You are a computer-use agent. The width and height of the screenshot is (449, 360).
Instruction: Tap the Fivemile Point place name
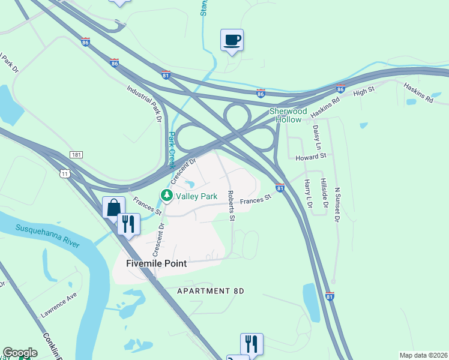tap(157, 263)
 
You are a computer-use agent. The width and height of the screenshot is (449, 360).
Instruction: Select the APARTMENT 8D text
tap(211, 291)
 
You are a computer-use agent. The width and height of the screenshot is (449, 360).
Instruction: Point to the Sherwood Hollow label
tap(288, 115)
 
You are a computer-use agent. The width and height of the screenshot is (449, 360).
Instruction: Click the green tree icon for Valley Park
tap(166, 196)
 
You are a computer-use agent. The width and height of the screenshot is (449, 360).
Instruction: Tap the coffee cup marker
tap(232, 40)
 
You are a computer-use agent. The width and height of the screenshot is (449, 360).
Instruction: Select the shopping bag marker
tap(113, 208)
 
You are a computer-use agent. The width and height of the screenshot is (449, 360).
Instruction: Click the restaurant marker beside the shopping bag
tap(128, 224)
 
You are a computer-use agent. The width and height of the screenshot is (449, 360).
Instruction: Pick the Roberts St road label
tap(231, 205)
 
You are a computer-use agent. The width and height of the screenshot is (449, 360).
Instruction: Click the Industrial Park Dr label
tap(145, 104)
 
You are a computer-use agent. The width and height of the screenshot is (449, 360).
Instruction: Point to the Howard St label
tap(310, 156)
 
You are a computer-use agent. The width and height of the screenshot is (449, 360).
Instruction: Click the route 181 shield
tap(76, 155)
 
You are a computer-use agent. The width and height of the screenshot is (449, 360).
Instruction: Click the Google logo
tap(20, 353)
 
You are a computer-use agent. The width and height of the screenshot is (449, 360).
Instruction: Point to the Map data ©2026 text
tap(423, 355)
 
